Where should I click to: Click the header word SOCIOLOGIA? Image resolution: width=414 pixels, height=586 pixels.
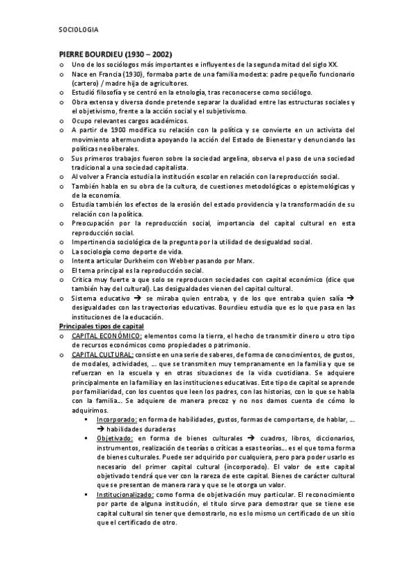[x=79, y=30]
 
